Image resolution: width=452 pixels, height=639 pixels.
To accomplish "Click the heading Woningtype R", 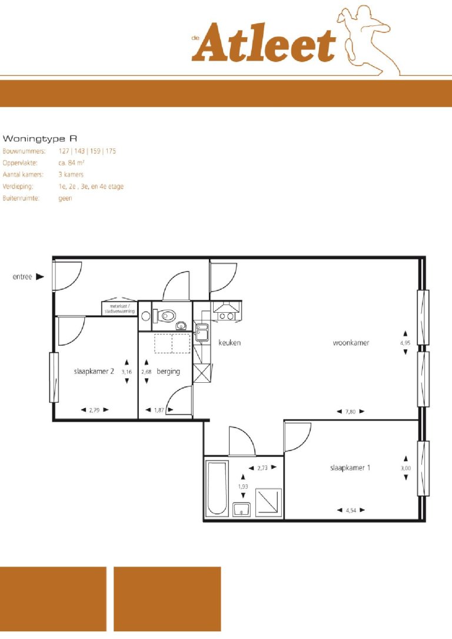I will point(40,139).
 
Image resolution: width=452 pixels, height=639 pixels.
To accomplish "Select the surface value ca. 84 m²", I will point(71,163).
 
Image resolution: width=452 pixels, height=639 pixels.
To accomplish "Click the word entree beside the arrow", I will point(22,276).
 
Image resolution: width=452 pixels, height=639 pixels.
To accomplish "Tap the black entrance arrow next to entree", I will point(39,276).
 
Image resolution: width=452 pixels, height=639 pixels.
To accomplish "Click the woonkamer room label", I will point(351,343).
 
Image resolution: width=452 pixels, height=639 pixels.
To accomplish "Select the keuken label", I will point(230,343).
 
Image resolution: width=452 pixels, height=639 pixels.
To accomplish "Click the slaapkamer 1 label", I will point(350,468).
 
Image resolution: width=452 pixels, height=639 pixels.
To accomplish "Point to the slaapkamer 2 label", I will point(94,372).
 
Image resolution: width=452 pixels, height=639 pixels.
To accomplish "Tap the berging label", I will point(168,372).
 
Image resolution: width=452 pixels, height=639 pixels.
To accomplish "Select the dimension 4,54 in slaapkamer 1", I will point(350,510).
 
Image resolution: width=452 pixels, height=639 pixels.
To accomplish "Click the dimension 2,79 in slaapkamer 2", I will point(94,410).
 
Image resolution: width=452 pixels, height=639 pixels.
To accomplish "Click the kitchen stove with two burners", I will point(226,316).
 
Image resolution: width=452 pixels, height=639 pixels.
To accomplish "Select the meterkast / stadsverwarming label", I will point(119,308).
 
